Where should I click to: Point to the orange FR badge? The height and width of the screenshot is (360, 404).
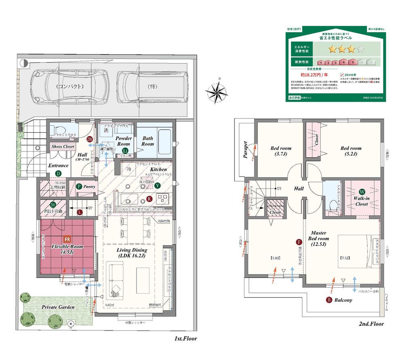[x=67, y=239]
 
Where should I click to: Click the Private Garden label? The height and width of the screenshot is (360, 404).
[x=58, y=307]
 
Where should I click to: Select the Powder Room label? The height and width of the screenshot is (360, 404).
[x=124, y=141]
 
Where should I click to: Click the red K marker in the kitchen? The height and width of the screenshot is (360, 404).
[x=149, y=199]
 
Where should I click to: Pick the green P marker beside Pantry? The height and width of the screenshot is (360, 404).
[x=80, y=186]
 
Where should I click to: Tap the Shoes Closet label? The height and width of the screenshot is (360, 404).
[x=63, y=146]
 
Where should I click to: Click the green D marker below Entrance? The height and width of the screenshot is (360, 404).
[x=58, y=174]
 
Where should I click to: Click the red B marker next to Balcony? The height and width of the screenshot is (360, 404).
[x=329, y=300]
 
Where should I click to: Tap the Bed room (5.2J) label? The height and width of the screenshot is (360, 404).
[x=351, y=151]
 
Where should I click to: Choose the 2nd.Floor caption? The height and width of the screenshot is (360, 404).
[x=371, y=324]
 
